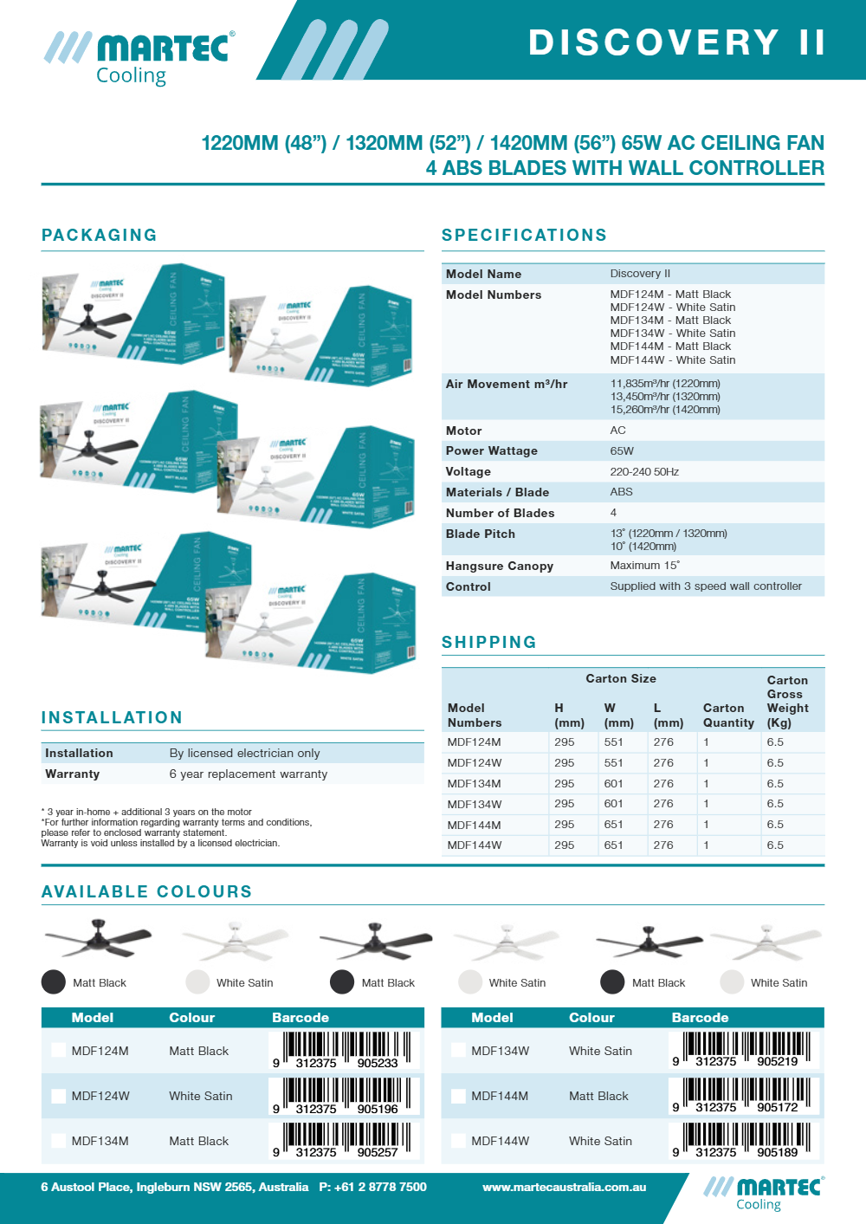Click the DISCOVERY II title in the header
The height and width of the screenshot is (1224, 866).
(x=676, y=42)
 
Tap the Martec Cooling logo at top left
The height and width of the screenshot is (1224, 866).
(x=139, y=57)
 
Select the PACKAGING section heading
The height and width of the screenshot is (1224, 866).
(x=100, y=235)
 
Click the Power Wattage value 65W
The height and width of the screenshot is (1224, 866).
(x=622, y=451)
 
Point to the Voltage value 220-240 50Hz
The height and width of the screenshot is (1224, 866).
(x=644, y=472)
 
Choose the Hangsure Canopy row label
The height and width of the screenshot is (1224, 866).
(x=500, y=567)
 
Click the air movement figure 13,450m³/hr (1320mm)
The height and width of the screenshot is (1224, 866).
(x=665, y=397)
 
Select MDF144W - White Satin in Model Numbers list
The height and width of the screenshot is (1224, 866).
(x=673, y=360)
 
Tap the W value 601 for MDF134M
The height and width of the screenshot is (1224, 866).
(x=614, y=784)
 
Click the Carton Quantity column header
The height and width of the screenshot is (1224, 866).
(x=728, y=716)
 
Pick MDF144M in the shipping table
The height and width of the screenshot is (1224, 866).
(x=475, y=825)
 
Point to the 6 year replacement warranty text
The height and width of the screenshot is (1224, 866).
(x=249, y=774)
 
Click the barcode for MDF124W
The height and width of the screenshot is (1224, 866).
(x=345, y=1095)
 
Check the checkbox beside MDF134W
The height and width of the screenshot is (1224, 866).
(x=458, y=1050)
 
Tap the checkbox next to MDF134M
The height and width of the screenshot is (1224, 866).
(x=58, y=1141)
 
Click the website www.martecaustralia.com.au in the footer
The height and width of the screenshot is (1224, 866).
(x=565, y=1188)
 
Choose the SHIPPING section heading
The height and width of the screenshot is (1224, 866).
(x=489, y=642)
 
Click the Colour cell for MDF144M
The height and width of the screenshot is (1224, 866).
(x=598, y=1096)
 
